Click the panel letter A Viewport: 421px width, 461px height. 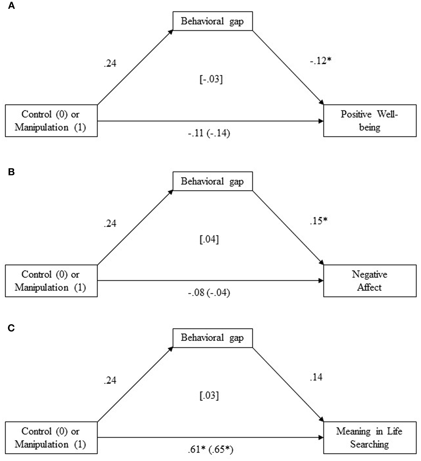click(11, 6)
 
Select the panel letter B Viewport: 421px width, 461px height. click(11, 172)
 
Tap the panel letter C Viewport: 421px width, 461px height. click(11, 328)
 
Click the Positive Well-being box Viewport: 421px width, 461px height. click(369, 121)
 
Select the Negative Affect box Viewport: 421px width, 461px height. click(369, 281)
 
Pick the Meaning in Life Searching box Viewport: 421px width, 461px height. click(369, 437)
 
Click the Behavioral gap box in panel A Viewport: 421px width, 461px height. click(212, 21)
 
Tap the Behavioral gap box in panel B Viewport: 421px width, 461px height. click(212, 181)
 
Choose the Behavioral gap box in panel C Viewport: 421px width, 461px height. click(212, 338)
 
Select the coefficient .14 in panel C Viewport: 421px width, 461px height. click(316, 377)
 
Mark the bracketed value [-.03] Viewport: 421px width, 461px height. click(211, 79)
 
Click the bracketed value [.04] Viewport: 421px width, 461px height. click(209, 239)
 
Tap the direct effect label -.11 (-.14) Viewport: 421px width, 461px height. click(209, 133)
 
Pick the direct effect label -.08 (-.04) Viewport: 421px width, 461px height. click(209, 293)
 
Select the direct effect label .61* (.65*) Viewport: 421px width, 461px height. click(210, 450)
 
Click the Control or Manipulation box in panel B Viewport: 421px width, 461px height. click(51, 281)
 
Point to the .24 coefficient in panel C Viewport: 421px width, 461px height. click(110, 380)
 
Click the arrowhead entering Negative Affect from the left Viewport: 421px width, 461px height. click(321, 281)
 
